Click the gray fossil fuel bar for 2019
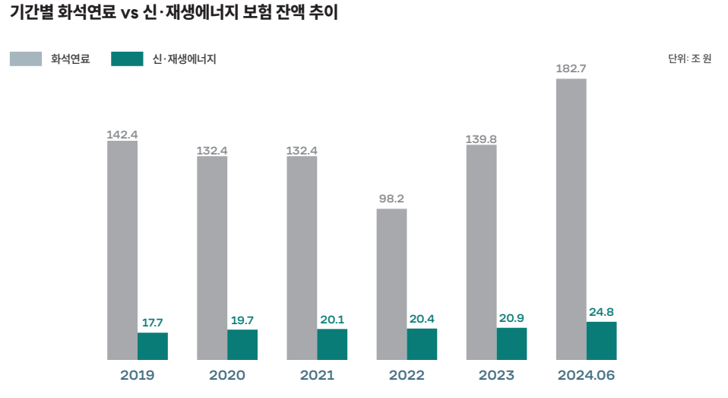coord(122,250)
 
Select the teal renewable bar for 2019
coord(153,345)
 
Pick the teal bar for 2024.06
coord(601,340)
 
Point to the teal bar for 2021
coord(332,344)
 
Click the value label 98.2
coord(391,199)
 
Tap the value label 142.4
coord(122,135)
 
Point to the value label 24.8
coord(601,312)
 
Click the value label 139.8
coord(481,139)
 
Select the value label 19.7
coord(242,320)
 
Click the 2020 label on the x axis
coord(227,375)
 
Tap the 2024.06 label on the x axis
coord(586,375)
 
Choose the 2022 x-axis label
coord(407,375)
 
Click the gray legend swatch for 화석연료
coord(26,59)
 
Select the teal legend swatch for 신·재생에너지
coord(127,59)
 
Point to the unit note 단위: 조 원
coord(689,59)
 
